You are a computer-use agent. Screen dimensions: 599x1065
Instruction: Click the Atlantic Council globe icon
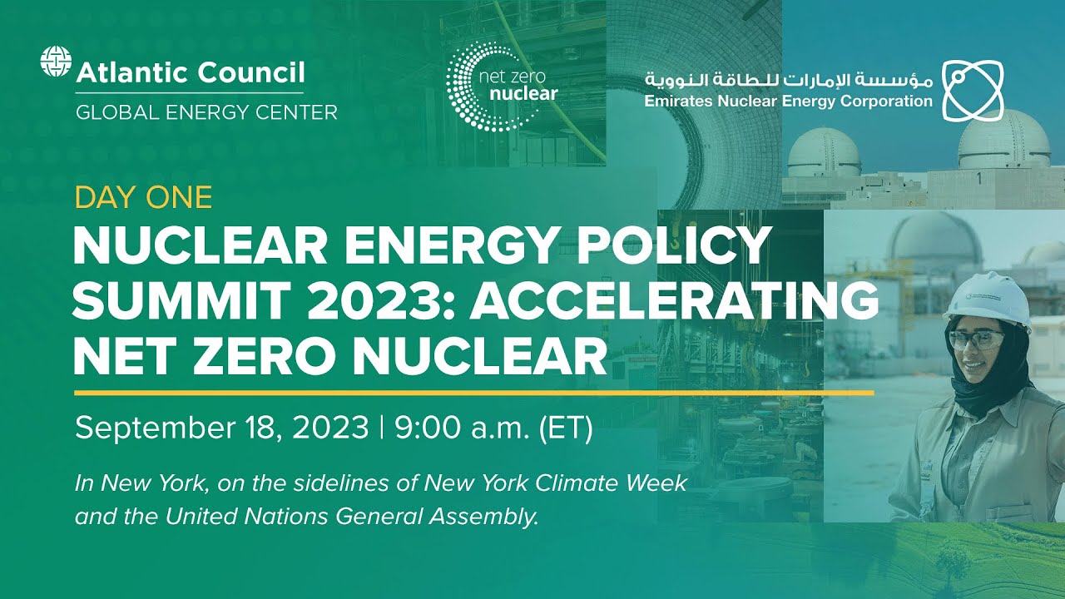coord(56,64)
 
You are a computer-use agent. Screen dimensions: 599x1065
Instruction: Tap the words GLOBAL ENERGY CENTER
coord(206,111)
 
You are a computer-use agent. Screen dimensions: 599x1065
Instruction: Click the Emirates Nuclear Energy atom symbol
coord(973,88)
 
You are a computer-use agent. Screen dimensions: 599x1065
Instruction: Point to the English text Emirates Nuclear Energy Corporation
coord(788,101)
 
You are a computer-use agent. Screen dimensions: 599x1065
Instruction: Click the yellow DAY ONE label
coord(143,197)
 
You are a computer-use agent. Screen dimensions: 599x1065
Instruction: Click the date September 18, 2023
coord(221,428)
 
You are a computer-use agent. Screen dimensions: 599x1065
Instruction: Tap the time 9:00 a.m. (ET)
coord(493,428)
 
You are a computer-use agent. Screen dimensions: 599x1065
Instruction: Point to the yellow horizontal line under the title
coord(474,392)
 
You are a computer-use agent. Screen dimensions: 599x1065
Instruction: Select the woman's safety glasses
coord(976,338)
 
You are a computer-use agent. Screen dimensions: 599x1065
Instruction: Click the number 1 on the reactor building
coord(978,178)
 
